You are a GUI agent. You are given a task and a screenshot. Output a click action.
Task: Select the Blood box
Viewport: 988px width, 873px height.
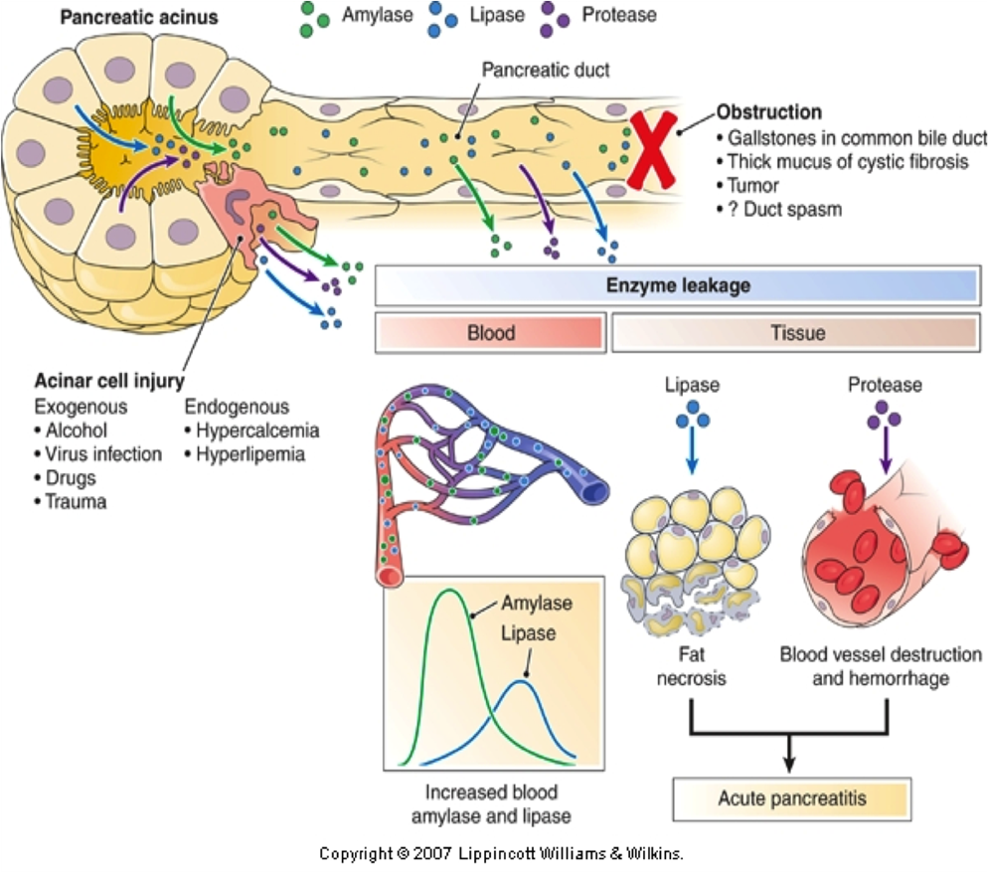click(x=491, y=332)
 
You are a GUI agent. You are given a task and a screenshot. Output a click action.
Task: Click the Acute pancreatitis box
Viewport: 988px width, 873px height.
click(x=791, y=797)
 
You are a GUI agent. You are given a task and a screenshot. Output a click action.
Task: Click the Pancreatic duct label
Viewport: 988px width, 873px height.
click(x=545, y=71)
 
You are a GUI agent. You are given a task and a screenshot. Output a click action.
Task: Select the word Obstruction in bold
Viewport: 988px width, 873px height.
click(x=768, y=112)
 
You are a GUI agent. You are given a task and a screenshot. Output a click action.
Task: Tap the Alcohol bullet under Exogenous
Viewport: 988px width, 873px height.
click(x=76, y=430)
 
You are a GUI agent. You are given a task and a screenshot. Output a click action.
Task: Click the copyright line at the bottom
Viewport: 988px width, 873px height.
click(x=502, y=853)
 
